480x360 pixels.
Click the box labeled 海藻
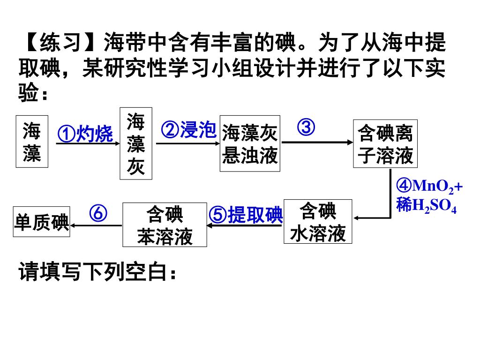pos(32,142)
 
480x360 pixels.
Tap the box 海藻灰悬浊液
pos(250,143)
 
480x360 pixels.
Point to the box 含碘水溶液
pos(318,222)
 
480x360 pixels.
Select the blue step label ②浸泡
pos(188,130)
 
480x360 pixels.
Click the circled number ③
pos(306,127)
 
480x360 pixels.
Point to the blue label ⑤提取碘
pos(246,216)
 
